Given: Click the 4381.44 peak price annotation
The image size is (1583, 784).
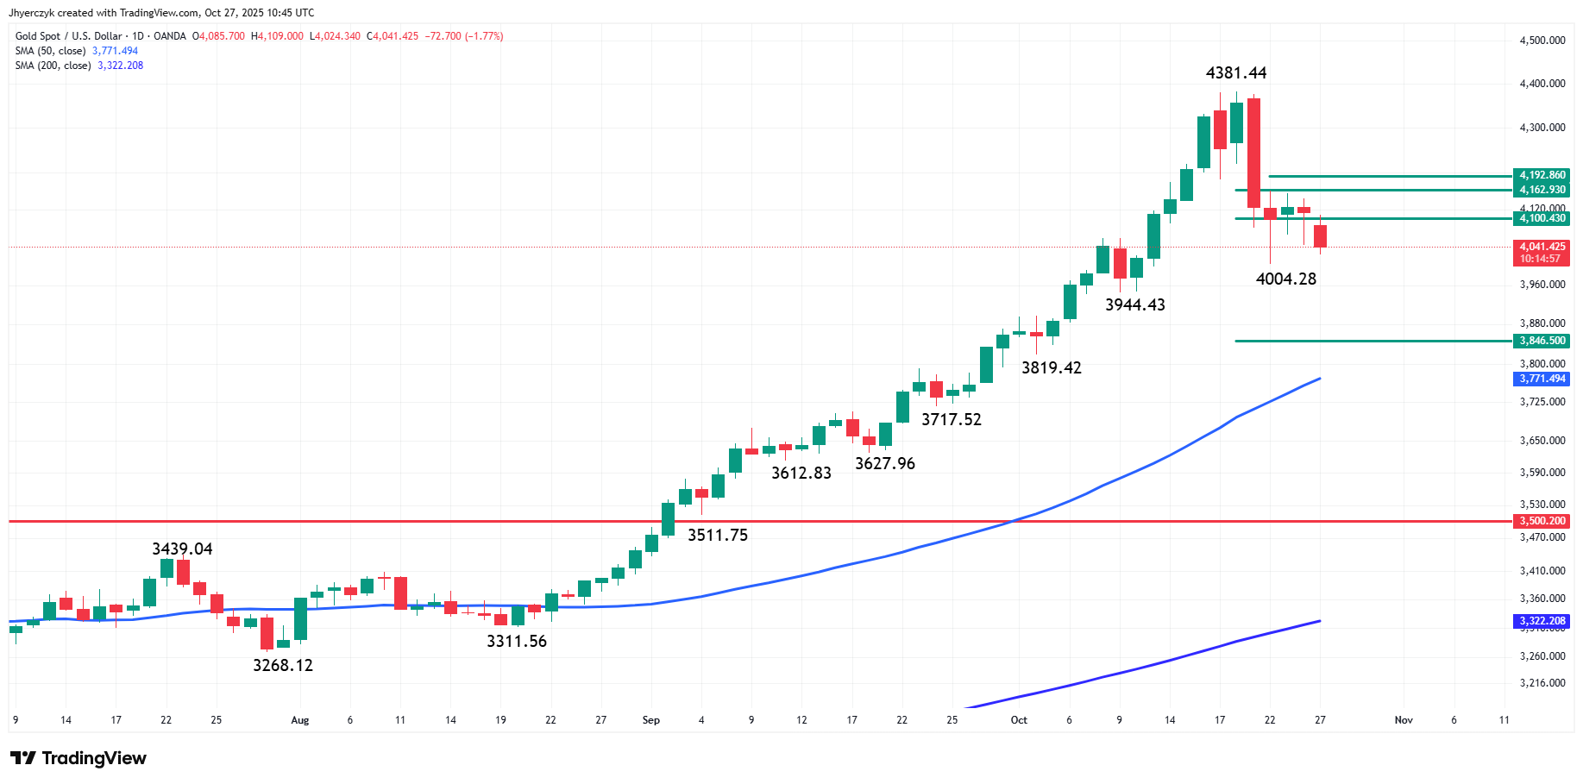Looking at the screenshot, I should pos(1235,73).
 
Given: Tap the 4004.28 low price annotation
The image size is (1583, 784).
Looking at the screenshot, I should pos(1285,279).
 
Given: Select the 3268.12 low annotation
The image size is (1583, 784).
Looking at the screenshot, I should pos(282,665).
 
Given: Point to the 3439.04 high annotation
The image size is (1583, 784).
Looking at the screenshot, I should pos(182,549).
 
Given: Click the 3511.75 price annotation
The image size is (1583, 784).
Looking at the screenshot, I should pos(717,535).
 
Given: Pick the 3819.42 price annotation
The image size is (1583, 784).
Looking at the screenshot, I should pos(1051,367).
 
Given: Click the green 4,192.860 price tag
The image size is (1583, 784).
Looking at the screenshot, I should pos(1542,175).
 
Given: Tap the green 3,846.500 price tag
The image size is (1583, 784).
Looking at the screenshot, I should pos(1542,341).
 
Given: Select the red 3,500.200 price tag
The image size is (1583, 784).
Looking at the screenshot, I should pos(1542,521).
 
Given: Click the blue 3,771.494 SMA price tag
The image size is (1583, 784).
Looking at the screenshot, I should pos(1542,379).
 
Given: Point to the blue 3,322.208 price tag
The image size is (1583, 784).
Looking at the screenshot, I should pos(1542,621).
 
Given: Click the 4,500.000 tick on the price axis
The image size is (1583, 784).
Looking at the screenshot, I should pos(1542,41).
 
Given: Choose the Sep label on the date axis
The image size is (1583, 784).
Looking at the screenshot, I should pos(651,720).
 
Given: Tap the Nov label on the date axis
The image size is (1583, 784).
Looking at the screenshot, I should pos(1404,720).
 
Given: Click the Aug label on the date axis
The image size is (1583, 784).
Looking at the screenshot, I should pos(299,720).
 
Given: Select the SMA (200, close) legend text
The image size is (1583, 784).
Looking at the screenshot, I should pos(53,66).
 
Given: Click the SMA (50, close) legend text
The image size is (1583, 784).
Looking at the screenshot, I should pos(50,51).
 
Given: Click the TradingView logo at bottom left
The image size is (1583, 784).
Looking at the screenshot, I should pos(79,758).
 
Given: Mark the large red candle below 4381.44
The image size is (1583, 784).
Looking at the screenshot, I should pos(1253,153).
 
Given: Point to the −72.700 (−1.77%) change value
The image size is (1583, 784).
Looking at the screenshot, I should pos(464,36).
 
